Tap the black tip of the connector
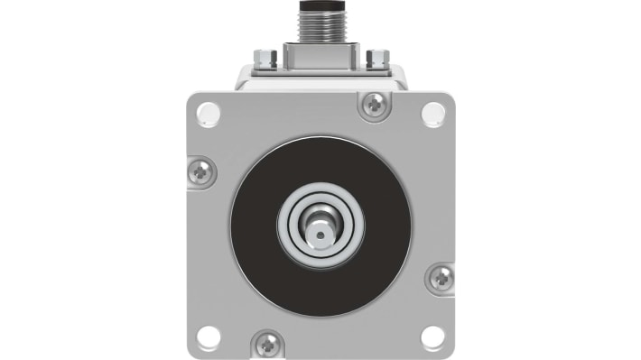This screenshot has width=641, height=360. tap(320, 4)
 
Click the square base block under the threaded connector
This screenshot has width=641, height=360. tap(320, 53)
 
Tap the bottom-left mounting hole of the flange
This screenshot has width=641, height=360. tap(208, 337)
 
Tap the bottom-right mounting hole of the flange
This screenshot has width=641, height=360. tap(433, 337)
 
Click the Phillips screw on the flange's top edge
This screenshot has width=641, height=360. tap(373, 105)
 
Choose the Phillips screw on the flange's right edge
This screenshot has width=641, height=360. tap(441, 278)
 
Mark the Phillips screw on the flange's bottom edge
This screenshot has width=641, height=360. tap(268, 343)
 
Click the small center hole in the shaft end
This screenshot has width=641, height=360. tap(320, 234)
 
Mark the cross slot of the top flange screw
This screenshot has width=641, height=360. tap(373, 105)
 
